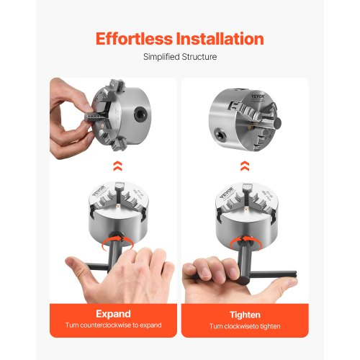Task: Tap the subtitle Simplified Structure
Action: coord(180,56)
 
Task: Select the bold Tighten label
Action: coord(245,314)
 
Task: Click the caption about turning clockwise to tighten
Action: coord(245,326)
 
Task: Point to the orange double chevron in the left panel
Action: coord(114,166)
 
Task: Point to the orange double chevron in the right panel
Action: coord(245,166)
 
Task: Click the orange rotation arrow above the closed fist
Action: coord(245,240)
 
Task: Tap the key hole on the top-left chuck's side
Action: coord(145,114)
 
